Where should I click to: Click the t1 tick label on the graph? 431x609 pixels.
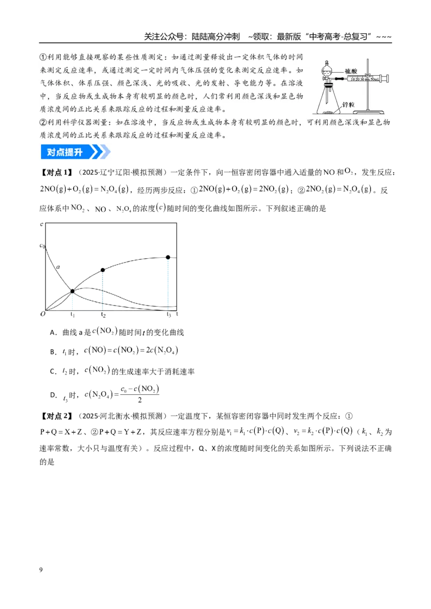72,314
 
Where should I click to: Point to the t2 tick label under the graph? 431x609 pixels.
103,314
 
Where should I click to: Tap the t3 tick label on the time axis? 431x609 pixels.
169,314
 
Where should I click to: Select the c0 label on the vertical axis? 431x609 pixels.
43,245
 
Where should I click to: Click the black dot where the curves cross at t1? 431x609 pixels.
72,291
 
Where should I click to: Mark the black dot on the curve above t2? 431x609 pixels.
103,270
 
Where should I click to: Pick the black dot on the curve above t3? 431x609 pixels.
168,257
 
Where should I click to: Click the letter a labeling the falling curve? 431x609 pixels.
58,267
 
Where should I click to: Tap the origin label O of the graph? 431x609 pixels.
43,314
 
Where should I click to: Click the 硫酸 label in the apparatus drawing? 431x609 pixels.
351,71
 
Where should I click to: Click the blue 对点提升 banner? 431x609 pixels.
75,152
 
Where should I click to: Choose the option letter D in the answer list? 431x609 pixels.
53,395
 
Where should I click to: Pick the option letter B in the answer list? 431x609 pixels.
53,352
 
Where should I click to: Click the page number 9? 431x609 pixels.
41,570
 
